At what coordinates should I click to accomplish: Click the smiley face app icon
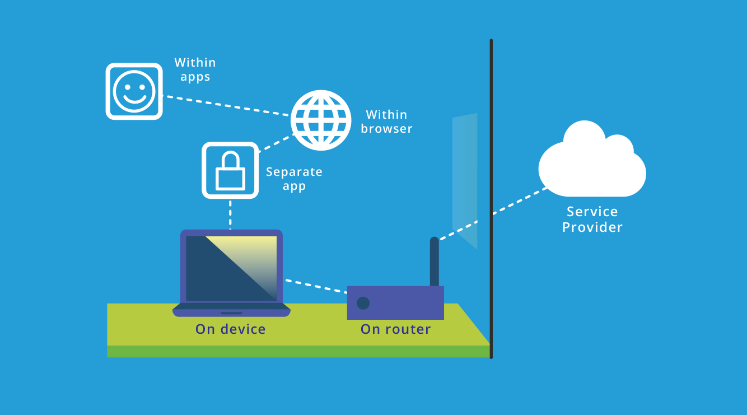click(x=134, y=91)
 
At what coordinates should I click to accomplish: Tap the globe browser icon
click(x=321, y=120)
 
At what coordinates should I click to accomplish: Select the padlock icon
click(x=230, y=170)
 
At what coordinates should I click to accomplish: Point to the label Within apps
click(x=195, y=69)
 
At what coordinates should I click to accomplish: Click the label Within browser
click(x=386, y=122)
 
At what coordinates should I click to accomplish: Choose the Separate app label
click(x=294, y=179)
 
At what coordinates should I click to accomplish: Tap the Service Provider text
click(x=592, y=219)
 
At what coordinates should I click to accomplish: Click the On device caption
click(x=230, y=329)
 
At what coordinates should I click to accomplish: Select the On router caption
click(x=395, y=329)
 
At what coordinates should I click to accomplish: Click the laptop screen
click(x=231, y=268)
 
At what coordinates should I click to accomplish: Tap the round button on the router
click(x=363, y=303)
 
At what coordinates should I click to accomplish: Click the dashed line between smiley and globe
click(x=226, y=106)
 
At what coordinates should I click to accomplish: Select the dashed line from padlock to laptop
click(x=230, y=214)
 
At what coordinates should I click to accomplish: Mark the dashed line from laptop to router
click(x=316, y=286)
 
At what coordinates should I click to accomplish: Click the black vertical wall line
click(x=491, y=168)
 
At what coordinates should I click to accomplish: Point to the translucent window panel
click(x=465, y=179)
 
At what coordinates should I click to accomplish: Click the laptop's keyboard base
click(x=231, y=309)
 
